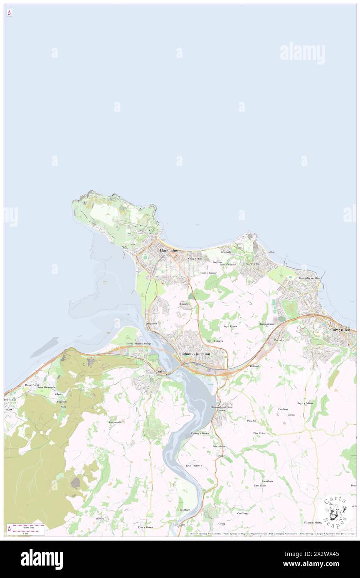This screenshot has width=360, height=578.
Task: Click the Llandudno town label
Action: [x=169, y=250]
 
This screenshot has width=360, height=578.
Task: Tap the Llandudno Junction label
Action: [x=193, y=353]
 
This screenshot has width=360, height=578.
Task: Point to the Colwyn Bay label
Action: [x=340, y=330]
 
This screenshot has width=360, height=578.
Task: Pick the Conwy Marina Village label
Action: [x=139, y=343]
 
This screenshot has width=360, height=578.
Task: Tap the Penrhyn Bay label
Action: [x=252, y=264]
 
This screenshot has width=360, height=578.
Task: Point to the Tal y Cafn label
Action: [x=179, y=525]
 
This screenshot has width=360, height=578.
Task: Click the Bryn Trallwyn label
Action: [x=194, y=466]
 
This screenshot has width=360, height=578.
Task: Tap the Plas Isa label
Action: [x=252, y=421]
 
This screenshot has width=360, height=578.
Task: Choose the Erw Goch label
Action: [x=260, y=486]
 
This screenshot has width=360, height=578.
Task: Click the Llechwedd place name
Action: [x=115, y=422]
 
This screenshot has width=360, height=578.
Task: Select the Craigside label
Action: [x=226, y=252]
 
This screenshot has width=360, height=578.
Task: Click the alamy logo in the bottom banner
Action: [x=42, y=559]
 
